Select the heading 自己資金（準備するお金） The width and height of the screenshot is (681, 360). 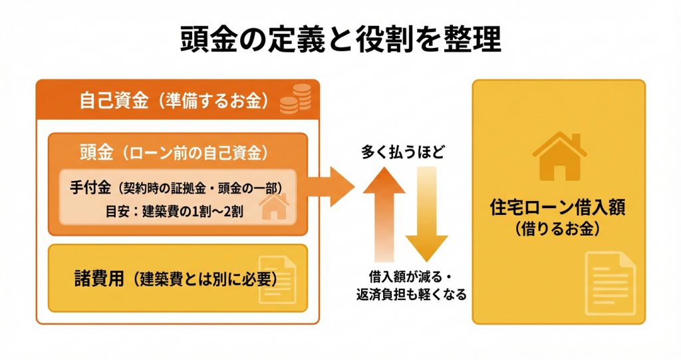174,101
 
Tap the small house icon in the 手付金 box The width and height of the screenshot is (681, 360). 272,208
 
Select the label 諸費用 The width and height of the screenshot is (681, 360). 98,279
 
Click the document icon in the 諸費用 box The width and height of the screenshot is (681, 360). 277,279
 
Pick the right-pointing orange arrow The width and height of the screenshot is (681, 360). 333,187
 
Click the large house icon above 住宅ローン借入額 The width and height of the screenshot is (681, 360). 559,156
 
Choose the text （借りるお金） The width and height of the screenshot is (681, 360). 559,229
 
